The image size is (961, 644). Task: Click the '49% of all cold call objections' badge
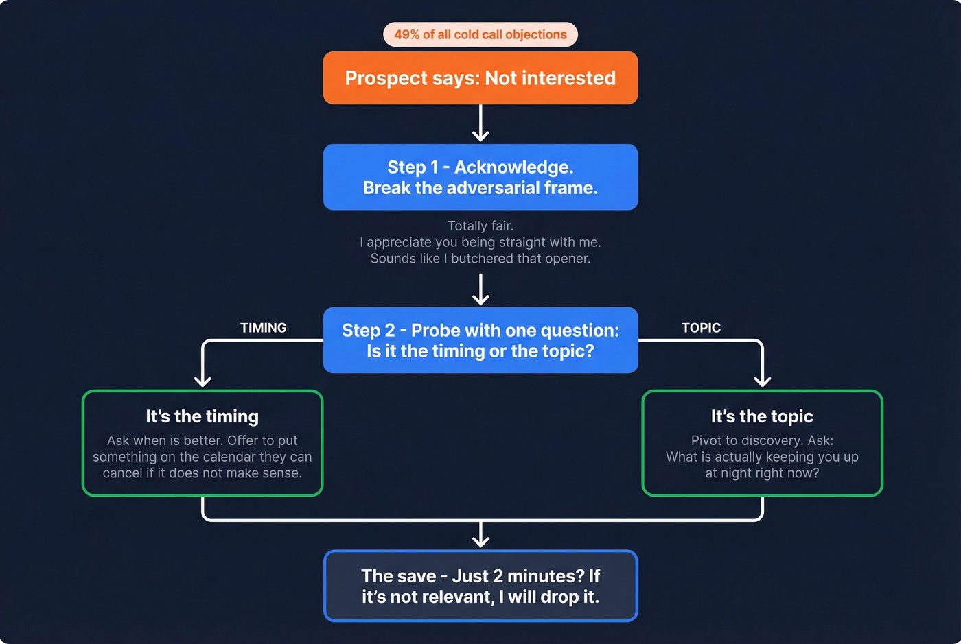tap(480, 34)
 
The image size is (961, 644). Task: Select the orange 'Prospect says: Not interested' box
tap(480, 78)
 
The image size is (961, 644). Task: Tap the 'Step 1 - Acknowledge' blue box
tap(480, 177)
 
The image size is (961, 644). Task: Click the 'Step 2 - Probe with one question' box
tap(480, 340)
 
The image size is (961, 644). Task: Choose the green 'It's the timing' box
tap(202, 443)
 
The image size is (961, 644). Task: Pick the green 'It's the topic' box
tap(762, 443)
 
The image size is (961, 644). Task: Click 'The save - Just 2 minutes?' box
tap(480, 586)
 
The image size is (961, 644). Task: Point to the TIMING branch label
tap(263, 328)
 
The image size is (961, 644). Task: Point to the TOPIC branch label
tap(701, 328)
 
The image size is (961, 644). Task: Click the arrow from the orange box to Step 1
tap(480, 123)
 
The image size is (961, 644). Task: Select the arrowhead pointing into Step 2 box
tap(480, 299)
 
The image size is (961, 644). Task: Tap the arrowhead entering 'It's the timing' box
tap(202, 381)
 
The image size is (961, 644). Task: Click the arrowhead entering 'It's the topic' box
tap(762, 381)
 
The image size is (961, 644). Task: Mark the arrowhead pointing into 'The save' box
tap(480, 541)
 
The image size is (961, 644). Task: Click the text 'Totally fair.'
tap(480, 226)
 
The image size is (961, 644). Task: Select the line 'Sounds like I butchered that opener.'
tap(480, 259)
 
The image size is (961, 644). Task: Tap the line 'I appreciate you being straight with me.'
tap(480, 242)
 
